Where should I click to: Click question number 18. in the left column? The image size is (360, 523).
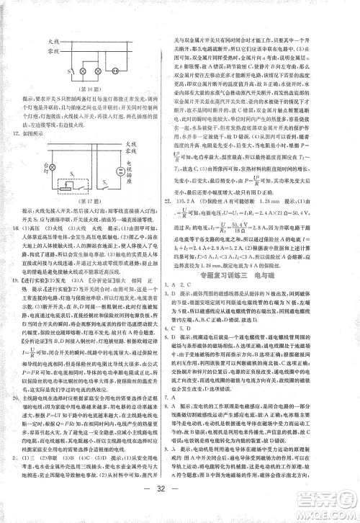pyautogui.click(x=29, y=228)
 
